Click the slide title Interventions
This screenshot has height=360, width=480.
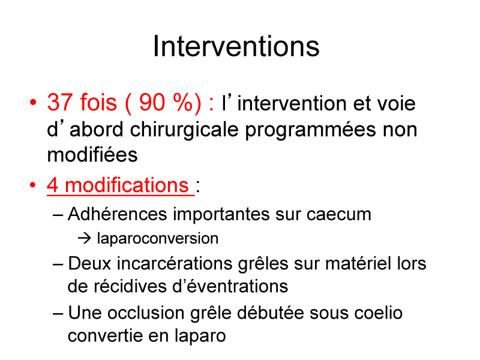coord(236,46)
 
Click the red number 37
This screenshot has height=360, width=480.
coord(61,102)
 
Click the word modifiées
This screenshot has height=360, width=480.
coord(92,155)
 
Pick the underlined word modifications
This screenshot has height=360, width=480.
coord(127,185)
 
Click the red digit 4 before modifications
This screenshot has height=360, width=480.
coord(53,185)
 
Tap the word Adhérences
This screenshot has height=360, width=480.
coord(117,214)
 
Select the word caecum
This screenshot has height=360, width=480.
coord(339,214)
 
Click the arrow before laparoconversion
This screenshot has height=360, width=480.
coord(85,238)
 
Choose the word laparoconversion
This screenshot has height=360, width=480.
coord(158,239)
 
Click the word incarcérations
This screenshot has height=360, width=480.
coord(175,263)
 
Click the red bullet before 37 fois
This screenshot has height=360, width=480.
coord(33,102)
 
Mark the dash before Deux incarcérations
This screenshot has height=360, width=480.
coord(58,264)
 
